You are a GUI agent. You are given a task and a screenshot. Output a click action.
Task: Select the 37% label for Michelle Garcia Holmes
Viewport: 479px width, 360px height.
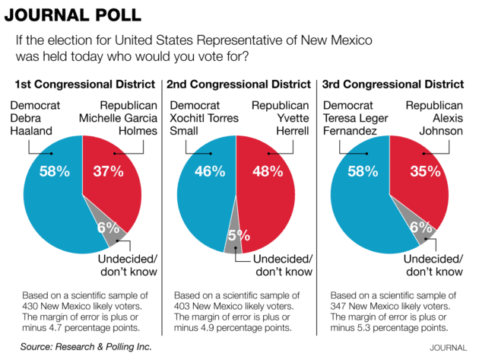(x=108, y=171)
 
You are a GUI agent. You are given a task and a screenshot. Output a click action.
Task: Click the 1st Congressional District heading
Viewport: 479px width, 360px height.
(x=84, y=84)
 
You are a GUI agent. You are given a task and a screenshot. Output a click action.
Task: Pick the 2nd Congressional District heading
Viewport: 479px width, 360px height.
(x=239, y=84)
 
